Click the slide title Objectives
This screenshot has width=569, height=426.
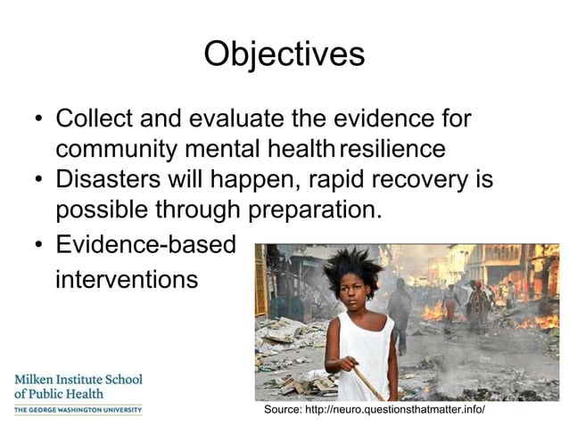[x=284, y=53]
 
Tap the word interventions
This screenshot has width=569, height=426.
[x=126, y=279]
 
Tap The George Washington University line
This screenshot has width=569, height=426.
[x=78, y=410]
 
